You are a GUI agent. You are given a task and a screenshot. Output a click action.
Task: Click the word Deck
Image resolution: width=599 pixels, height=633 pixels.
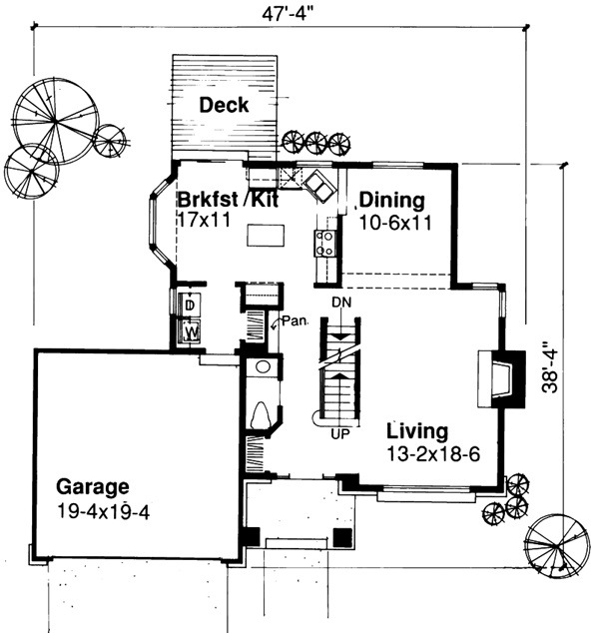tap(224, 105)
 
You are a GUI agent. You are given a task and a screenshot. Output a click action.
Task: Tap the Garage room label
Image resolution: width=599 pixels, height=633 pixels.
tap(92, 488)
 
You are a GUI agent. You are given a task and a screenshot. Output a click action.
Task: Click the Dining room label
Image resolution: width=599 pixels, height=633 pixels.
tap(392, 199)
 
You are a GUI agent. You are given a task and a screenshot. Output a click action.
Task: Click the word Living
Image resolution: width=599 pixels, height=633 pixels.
tap(417, 431)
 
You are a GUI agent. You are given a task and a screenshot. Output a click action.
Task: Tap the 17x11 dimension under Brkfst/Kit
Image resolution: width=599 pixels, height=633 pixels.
tap(205, 218)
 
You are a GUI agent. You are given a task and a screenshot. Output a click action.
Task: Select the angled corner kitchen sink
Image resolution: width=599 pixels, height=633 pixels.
tap(321, 185)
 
